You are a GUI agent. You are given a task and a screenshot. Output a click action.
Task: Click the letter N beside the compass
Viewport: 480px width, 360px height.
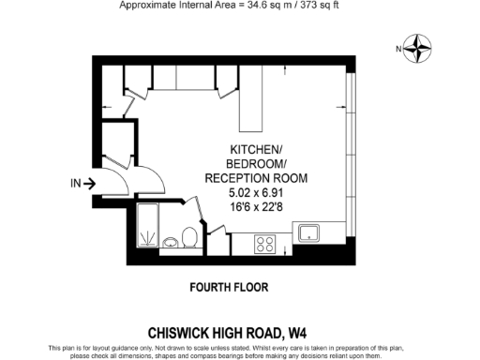pyautogui.click(x=398, y=49)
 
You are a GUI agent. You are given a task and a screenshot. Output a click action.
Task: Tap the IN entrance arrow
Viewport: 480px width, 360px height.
pyautogui.click(x=82, y=184)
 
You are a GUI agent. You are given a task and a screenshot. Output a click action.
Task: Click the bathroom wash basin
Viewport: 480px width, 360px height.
pyautogui.click(x=172, y=244)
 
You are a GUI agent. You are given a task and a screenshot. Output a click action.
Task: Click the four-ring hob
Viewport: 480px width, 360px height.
pyautogui.click(x=265, y=243)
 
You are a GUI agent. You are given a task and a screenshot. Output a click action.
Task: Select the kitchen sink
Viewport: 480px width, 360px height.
pyautogui.click(x=308, y=232)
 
